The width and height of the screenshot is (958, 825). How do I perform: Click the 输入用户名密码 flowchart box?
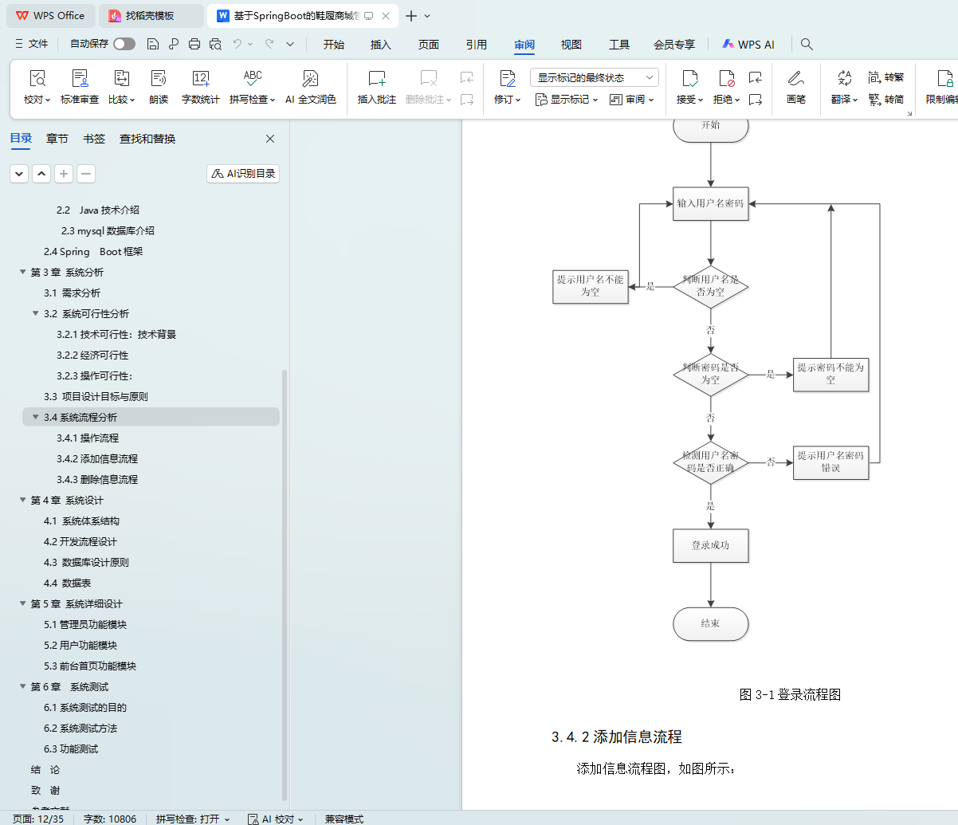click(710, 203)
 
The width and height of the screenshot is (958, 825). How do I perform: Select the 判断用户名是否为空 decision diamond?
click(710, 286)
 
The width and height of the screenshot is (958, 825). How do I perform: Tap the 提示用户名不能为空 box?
click(590, 286)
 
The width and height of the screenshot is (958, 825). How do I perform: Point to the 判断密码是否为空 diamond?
click(710, 374)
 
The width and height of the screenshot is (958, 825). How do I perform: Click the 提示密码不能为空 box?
click(830, 374)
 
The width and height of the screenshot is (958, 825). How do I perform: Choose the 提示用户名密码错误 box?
click(830, 462)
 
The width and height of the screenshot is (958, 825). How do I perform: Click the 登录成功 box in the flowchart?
click(710, 545)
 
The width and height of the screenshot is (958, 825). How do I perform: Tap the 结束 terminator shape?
click(710, 623)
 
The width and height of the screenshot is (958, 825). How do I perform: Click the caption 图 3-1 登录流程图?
click(790, 694)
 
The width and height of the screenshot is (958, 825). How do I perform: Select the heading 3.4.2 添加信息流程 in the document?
click(616, 737)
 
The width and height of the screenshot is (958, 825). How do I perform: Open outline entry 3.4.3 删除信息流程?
click(97, 480)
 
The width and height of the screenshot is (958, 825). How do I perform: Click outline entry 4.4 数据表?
click(67, 583)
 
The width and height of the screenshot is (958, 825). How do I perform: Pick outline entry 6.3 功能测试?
click(71, 749)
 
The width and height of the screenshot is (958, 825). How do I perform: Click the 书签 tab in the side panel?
click(94, 139)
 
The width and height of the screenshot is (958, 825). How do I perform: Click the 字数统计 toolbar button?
click(200, 87)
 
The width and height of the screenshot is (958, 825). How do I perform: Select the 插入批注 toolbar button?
click(376, 87)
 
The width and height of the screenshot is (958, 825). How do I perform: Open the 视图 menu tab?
click(571, 45)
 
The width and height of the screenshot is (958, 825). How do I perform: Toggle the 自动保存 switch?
click(124, 44)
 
